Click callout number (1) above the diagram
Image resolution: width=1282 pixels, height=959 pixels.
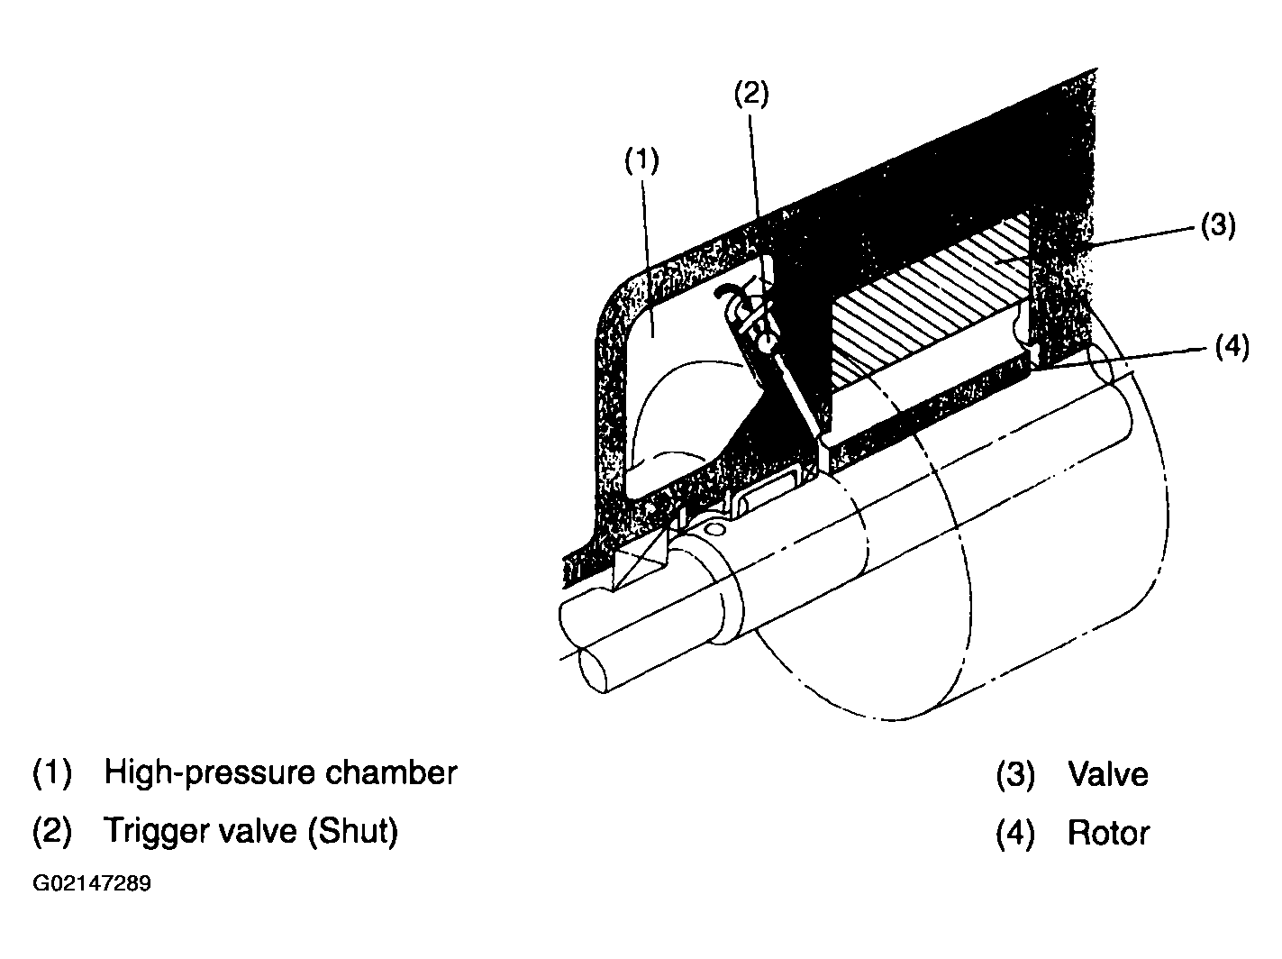tap(641, 160)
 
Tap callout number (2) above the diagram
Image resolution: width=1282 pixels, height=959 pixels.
tap(751, 94)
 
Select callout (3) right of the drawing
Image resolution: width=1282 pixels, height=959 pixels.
tap(1218, 225)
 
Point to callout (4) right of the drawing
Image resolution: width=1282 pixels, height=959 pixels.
tap(1232, 348)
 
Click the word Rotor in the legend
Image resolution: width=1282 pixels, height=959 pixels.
tap(1108, 834)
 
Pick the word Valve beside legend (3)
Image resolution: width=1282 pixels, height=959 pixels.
tap(1107, 774)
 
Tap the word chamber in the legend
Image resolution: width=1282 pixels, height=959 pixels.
tap(391, 772)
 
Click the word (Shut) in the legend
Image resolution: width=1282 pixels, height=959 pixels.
tap(353, 831)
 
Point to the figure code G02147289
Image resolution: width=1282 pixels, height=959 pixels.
tap(92, 883)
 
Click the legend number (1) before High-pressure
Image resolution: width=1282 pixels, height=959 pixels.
tap(52, 773)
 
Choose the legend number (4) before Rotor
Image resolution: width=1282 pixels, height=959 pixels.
tap(1015, 834)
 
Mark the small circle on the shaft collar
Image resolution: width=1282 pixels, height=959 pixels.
tap(714, 529)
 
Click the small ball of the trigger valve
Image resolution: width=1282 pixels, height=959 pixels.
tap(767, 341)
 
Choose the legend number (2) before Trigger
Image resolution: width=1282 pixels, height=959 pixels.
tap(52, 832)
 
